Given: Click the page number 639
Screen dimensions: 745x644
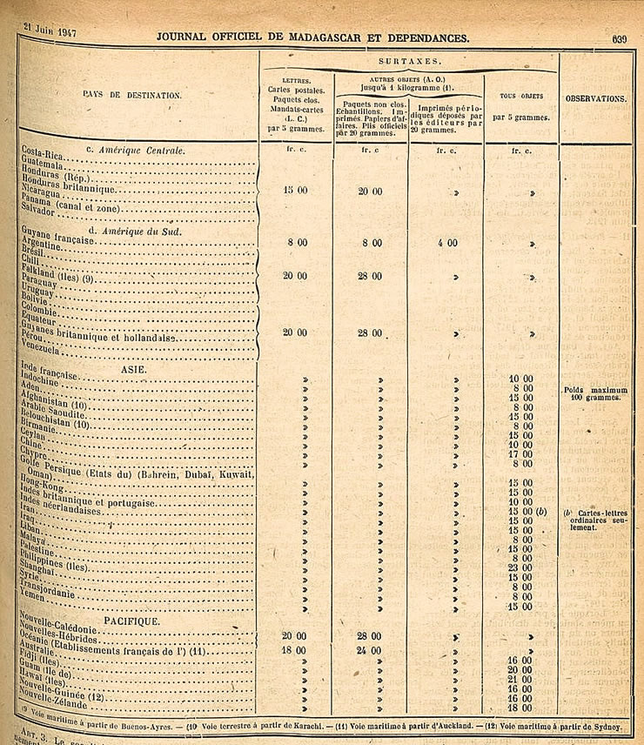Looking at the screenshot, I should click(619, 38).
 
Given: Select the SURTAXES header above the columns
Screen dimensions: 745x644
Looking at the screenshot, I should click(409, 64).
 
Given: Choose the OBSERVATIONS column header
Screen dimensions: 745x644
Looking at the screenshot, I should click(596, 99).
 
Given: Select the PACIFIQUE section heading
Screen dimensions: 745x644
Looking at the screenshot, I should click(131, 621).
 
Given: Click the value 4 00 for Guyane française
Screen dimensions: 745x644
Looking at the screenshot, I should click(446, 244).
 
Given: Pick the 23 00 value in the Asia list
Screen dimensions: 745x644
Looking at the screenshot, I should click(520, 567).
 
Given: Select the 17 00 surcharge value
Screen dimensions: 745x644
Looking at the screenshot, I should click(520, 453).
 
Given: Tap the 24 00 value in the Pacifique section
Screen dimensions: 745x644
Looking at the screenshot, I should click(371, 649).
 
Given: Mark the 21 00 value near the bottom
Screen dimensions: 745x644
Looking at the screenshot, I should click(520, 680).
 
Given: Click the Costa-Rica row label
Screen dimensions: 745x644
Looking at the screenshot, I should click(44, 151).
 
